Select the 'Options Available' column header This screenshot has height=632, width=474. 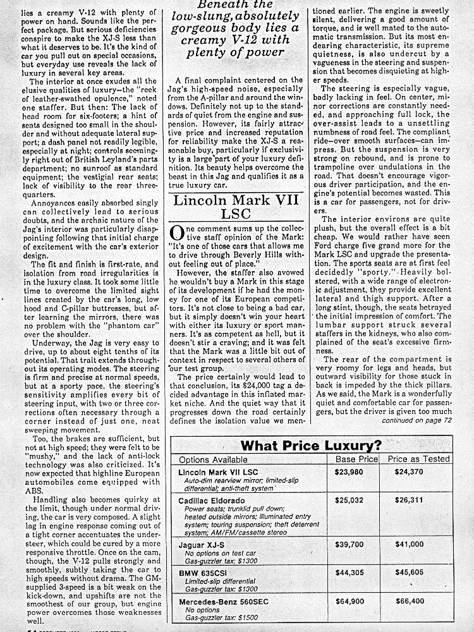pos(212,459)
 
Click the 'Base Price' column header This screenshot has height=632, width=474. pos(356,459)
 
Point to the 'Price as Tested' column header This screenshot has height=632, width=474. pos(418,459)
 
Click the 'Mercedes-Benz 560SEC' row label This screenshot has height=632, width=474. pos(223,601)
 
